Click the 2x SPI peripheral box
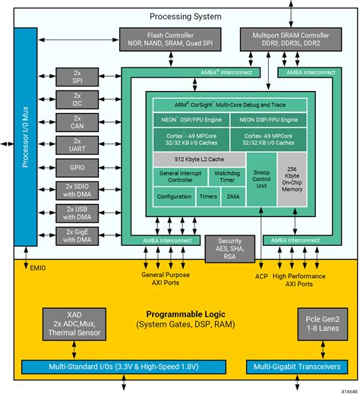tap(77, 76)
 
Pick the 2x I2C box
tap(77, 99)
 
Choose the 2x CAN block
tap(77, 122)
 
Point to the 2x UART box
tap(77, 146)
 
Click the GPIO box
tap(77, 169)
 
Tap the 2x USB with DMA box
tap(77, 213)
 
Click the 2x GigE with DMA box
tap(77, 236)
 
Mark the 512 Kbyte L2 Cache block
tap(199, 159)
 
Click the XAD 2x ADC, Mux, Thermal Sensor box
tap(74, 323)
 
